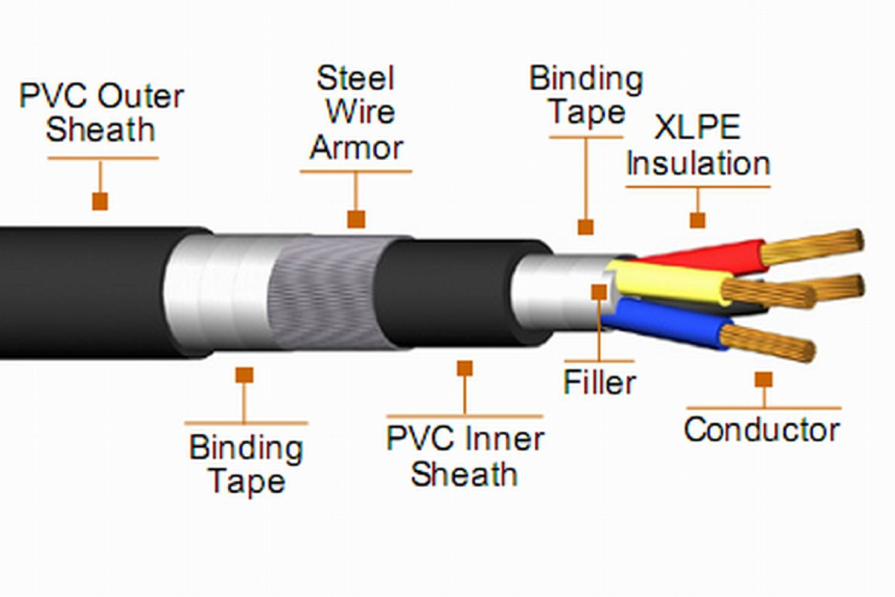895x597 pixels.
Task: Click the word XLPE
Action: [x=697, y=128]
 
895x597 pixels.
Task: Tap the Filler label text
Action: [x=600, y=382]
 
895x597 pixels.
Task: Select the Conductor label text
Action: [x=761, y=429]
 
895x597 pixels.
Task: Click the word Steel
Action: [x=356, y=79]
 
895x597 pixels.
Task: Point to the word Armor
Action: [x=356, y=147]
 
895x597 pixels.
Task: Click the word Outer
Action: [x=141, y=95]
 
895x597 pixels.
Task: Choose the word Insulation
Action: [x=698, y=163]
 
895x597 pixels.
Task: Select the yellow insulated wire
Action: [x=673, y=282]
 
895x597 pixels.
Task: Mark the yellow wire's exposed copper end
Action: [x=769, y=293]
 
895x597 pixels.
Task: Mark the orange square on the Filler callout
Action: [x=599, y=291]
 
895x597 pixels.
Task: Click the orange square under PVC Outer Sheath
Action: [x=100, y=201]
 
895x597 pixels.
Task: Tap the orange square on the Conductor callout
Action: [x=763, y=379]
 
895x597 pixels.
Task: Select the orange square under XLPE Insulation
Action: [x=697, y=219]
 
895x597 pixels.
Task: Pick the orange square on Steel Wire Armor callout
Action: [x=356, y=219]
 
